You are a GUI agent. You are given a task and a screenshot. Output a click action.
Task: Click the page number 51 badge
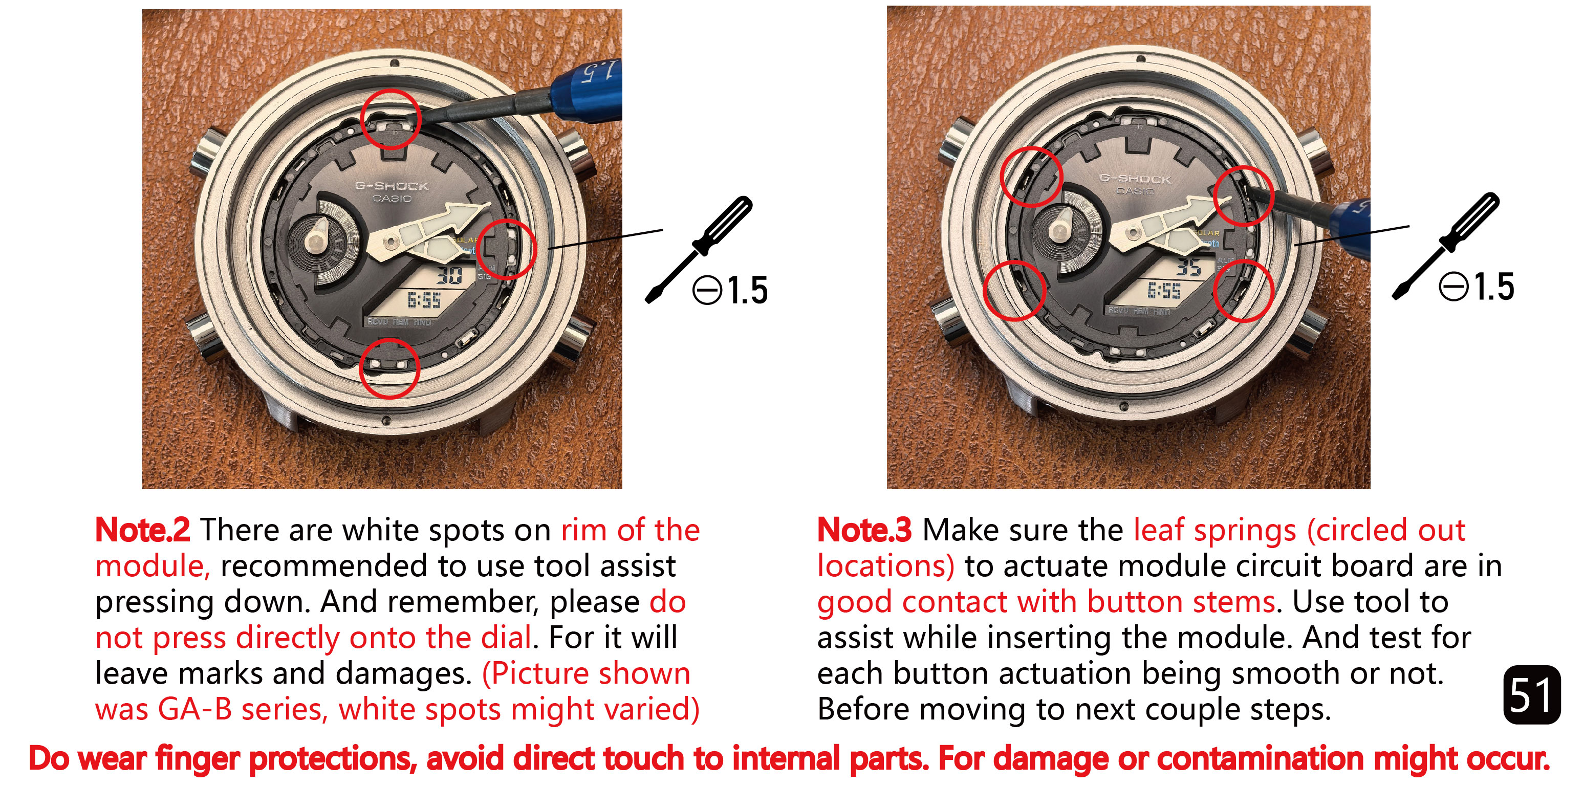click(x=1532, y=695)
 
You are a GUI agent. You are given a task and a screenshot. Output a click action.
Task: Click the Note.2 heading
click(x=143, y=530)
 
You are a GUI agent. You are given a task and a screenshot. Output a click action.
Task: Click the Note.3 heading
click(x=864, y=530)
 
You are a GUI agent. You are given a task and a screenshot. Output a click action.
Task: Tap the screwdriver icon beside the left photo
click(x=699, y=249)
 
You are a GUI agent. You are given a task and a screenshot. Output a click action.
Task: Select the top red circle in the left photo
click(x=390, y=119)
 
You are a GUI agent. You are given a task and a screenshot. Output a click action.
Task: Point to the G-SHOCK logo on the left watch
click(x=392, y=186)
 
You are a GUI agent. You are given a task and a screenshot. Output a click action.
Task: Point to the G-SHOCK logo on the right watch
click(x=1135, y=179)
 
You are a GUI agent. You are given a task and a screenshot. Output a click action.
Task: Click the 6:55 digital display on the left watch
click(x=424, y=300)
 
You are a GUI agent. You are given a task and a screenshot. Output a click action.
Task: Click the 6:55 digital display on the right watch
click(x=1164, y=290)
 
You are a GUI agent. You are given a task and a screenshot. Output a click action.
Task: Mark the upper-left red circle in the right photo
click(x=1031, y=177)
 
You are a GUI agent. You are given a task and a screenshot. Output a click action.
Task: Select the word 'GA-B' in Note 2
click(x=195, y=709)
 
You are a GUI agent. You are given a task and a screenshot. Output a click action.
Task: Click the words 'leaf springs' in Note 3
click(x=1215, y=530)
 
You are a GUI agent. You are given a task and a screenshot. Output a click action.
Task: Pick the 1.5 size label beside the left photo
click(x=748, y=290)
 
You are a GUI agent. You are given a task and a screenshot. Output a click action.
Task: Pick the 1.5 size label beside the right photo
click(x=1494, y=287)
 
